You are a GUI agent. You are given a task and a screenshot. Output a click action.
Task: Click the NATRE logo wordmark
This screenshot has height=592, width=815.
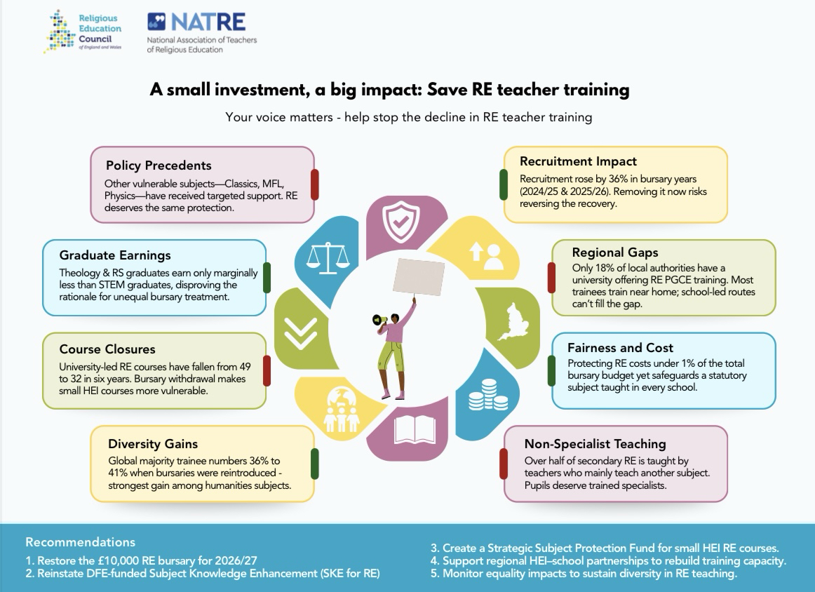(196, 22)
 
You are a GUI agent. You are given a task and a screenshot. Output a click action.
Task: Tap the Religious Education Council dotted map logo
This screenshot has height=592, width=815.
(60, 31)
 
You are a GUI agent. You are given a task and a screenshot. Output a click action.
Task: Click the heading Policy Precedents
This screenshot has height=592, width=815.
(159, 166)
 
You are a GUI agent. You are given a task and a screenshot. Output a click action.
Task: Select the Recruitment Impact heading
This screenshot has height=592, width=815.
(578, 161)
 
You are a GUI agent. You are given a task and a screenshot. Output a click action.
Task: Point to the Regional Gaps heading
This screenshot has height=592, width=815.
(615, 253)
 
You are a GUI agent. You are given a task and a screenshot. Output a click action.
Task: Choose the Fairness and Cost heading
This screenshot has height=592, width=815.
(620, 348)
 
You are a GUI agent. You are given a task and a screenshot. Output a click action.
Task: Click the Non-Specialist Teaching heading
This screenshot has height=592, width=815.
(595, 444)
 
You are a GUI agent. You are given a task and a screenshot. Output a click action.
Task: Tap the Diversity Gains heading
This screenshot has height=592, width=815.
(153, 444)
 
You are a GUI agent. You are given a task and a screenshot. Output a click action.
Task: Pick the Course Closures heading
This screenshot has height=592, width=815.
(107, 349)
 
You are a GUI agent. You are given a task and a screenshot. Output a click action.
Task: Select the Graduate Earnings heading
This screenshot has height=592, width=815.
(115, 255)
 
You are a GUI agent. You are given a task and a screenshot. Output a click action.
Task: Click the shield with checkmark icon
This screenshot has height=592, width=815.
(400, 222)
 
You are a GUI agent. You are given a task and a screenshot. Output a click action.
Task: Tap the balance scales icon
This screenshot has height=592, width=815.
(328, 258)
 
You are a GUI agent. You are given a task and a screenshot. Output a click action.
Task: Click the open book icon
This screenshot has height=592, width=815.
(415, 430)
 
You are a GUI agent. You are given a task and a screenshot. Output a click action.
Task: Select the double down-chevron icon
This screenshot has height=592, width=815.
(300, 332)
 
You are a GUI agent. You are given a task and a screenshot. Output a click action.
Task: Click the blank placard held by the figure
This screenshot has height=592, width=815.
(419, 277)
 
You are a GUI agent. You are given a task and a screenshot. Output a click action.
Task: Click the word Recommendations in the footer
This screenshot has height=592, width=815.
(80, 542)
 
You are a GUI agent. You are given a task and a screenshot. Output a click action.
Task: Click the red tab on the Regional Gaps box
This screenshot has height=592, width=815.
(551, 278)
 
